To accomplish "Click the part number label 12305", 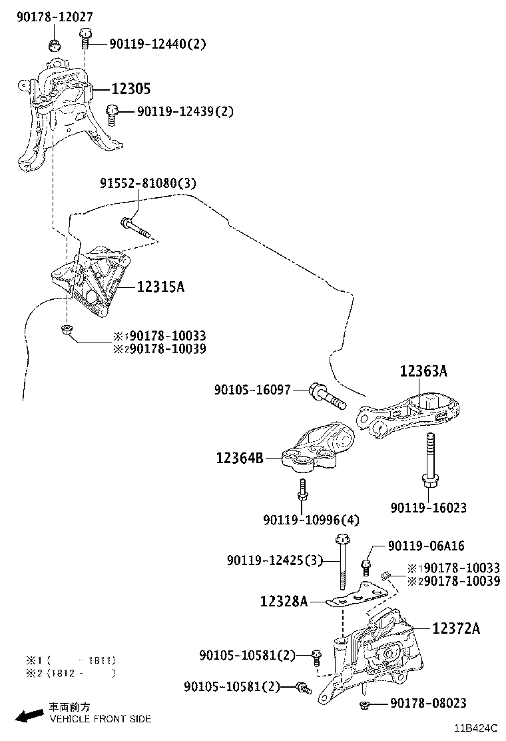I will (x=130, y=89).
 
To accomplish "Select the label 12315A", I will (x=160, y=287).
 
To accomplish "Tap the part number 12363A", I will (x=423, y=372).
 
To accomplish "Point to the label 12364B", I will (x=239, y=458).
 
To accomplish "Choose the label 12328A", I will (x=284, y=602).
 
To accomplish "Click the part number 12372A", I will (x=456, y=628).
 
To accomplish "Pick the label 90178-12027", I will (x=55, y=17).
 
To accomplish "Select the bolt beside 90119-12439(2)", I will (x=113, y=115).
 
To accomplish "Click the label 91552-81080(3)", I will (x=148, y=183).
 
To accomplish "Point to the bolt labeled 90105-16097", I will (x=327, y=396).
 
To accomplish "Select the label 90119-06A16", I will (x=426, y=546).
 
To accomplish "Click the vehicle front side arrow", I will (x=30, y=716).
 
